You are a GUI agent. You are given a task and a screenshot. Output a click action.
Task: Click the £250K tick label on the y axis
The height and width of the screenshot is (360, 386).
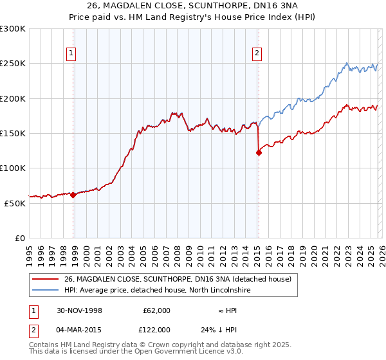click(13, 64)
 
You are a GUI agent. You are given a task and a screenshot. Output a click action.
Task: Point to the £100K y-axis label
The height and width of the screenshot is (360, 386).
click(13, 168)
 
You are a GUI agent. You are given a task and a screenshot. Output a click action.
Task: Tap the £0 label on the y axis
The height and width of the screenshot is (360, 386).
click(20, 238)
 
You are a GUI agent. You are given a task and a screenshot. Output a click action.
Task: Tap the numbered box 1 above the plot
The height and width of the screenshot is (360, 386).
click(70, 53)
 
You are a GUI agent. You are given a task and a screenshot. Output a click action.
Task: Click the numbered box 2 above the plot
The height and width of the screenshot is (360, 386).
click(257, 53)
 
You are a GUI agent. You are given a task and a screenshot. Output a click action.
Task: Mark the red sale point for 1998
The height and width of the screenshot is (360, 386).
click(73, 195)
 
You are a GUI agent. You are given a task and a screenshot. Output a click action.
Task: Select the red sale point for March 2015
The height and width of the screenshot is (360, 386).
click(259, 153)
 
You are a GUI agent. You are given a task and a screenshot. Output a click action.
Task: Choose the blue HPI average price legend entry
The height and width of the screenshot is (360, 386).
click(157, 291)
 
